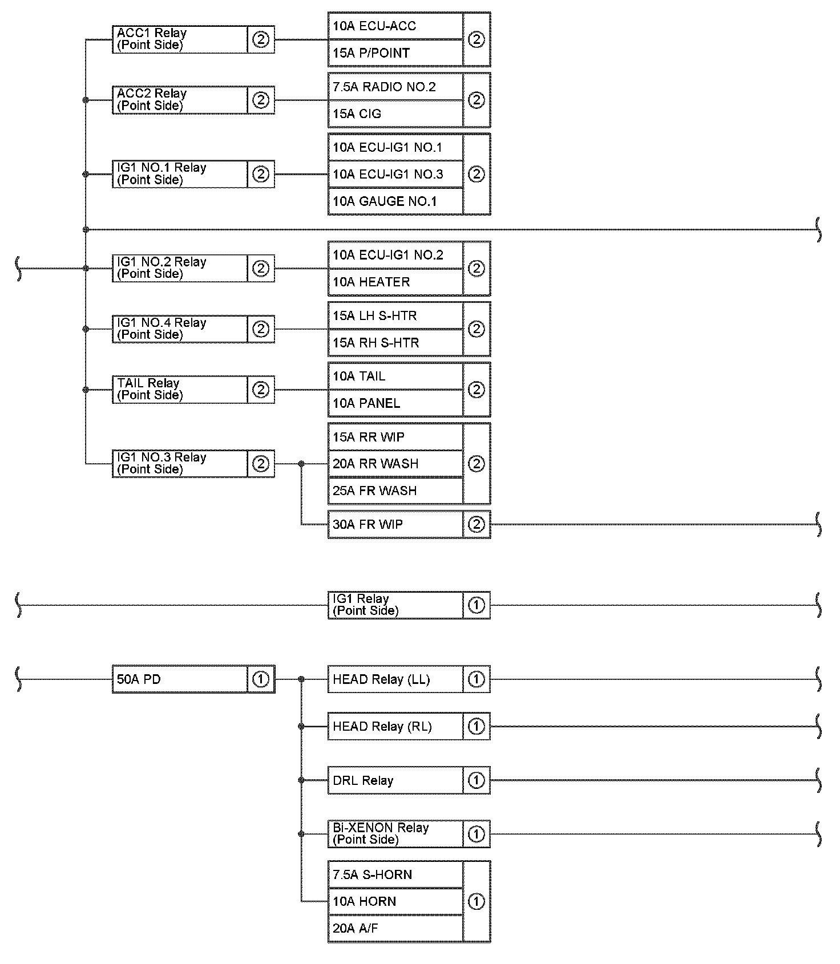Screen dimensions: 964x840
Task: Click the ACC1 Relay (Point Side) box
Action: (x=180, y=39)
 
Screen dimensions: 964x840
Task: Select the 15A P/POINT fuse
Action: (x=395, y=53)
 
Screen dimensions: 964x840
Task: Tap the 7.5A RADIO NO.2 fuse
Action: (x=395, y=87)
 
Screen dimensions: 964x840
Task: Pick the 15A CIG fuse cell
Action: (x=395, y=114)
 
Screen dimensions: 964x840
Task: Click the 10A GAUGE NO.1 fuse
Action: (x=395, y=201)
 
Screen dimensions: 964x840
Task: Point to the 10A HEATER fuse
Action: (x=395, y=282)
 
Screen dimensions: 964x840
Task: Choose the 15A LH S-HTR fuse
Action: (x=395, y=315)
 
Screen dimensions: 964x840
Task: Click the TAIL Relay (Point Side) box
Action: (x=180, y=390)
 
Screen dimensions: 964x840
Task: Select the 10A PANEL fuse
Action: (x=395, y=403)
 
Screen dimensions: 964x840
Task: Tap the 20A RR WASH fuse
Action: (x=395, y=464)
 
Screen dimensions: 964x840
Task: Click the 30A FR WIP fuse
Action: (x=395, y=524)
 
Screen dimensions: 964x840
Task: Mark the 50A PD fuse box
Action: (x=180, y=679)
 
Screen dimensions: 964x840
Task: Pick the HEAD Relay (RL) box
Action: (x=395, y=727)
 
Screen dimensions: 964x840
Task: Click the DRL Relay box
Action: (x=395, y=780)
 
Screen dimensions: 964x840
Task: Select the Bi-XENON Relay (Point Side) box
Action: (x=395, y=834)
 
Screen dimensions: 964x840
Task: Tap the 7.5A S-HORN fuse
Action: (x=395, y=874)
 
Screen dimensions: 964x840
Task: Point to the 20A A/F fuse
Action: (x=395, y=928)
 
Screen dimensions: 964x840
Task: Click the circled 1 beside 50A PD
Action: (x=261, y=679)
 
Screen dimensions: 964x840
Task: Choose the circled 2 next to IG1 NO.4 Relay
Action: (x=261, y=329)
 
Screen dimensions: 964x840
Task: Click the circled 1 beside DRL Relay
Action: (x=476, y=780)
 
